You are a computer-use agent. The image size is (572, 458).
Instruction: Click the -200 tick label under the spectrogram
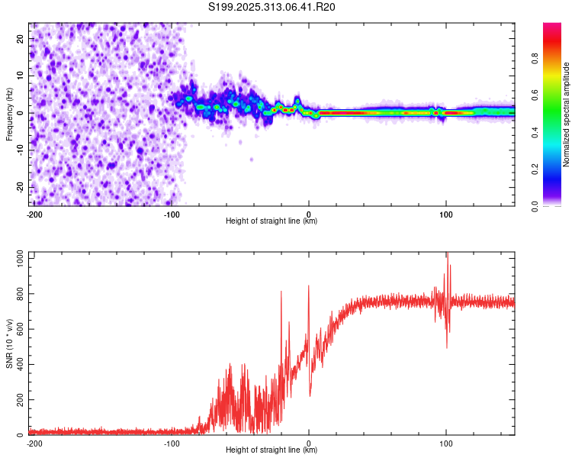pyautogui.click(x=34, y=214)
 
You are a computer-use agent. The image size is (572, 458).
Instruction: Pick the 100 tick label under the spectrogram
pyautogui.click(x=446, y=214)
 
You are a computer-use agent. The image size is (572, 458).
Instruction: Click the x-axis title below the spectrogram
pyautogui.click(x=272, y=221)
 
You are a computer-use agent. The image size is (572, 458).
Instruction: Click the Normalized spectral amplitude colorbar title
pyautogui.click(x=566, y=114)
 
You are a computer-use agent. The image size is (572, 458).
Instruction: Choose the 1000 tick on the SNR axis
pyautogui.click(x=16, y=259)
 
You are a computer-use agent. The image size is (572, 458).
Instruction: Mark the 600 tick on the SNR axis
pyautogui.click(x=18, y=329)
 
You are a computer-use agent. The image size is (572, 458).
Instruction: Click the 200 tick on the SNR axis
pyautogui.click(x=18, y=400)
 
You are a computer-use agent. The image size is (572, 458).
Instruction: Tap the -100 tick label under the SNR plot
pyautogui.click(x=171, y=443)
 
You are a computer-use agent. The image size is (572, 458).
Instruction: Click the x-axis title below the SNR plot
pyautogui.click(x=272, y=450)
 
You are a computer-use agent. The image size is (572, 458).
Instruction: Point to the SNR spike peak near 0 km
pyautogui.click(x=308, y=286)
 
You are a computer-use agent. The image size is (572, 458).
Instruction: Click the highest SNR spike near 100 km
pyautogui.click(x=447, y=254)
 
